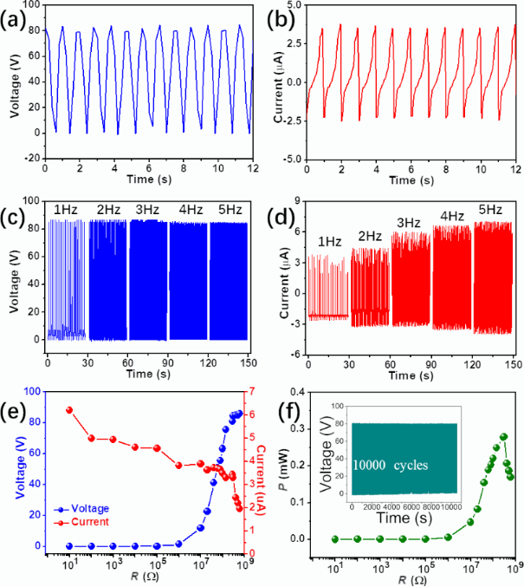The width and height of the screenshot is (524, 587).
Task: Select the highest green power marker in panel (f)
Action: click(503, 437)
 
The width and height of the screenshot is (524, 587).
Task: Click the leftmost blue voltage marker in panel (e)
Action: click(69, 545)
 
